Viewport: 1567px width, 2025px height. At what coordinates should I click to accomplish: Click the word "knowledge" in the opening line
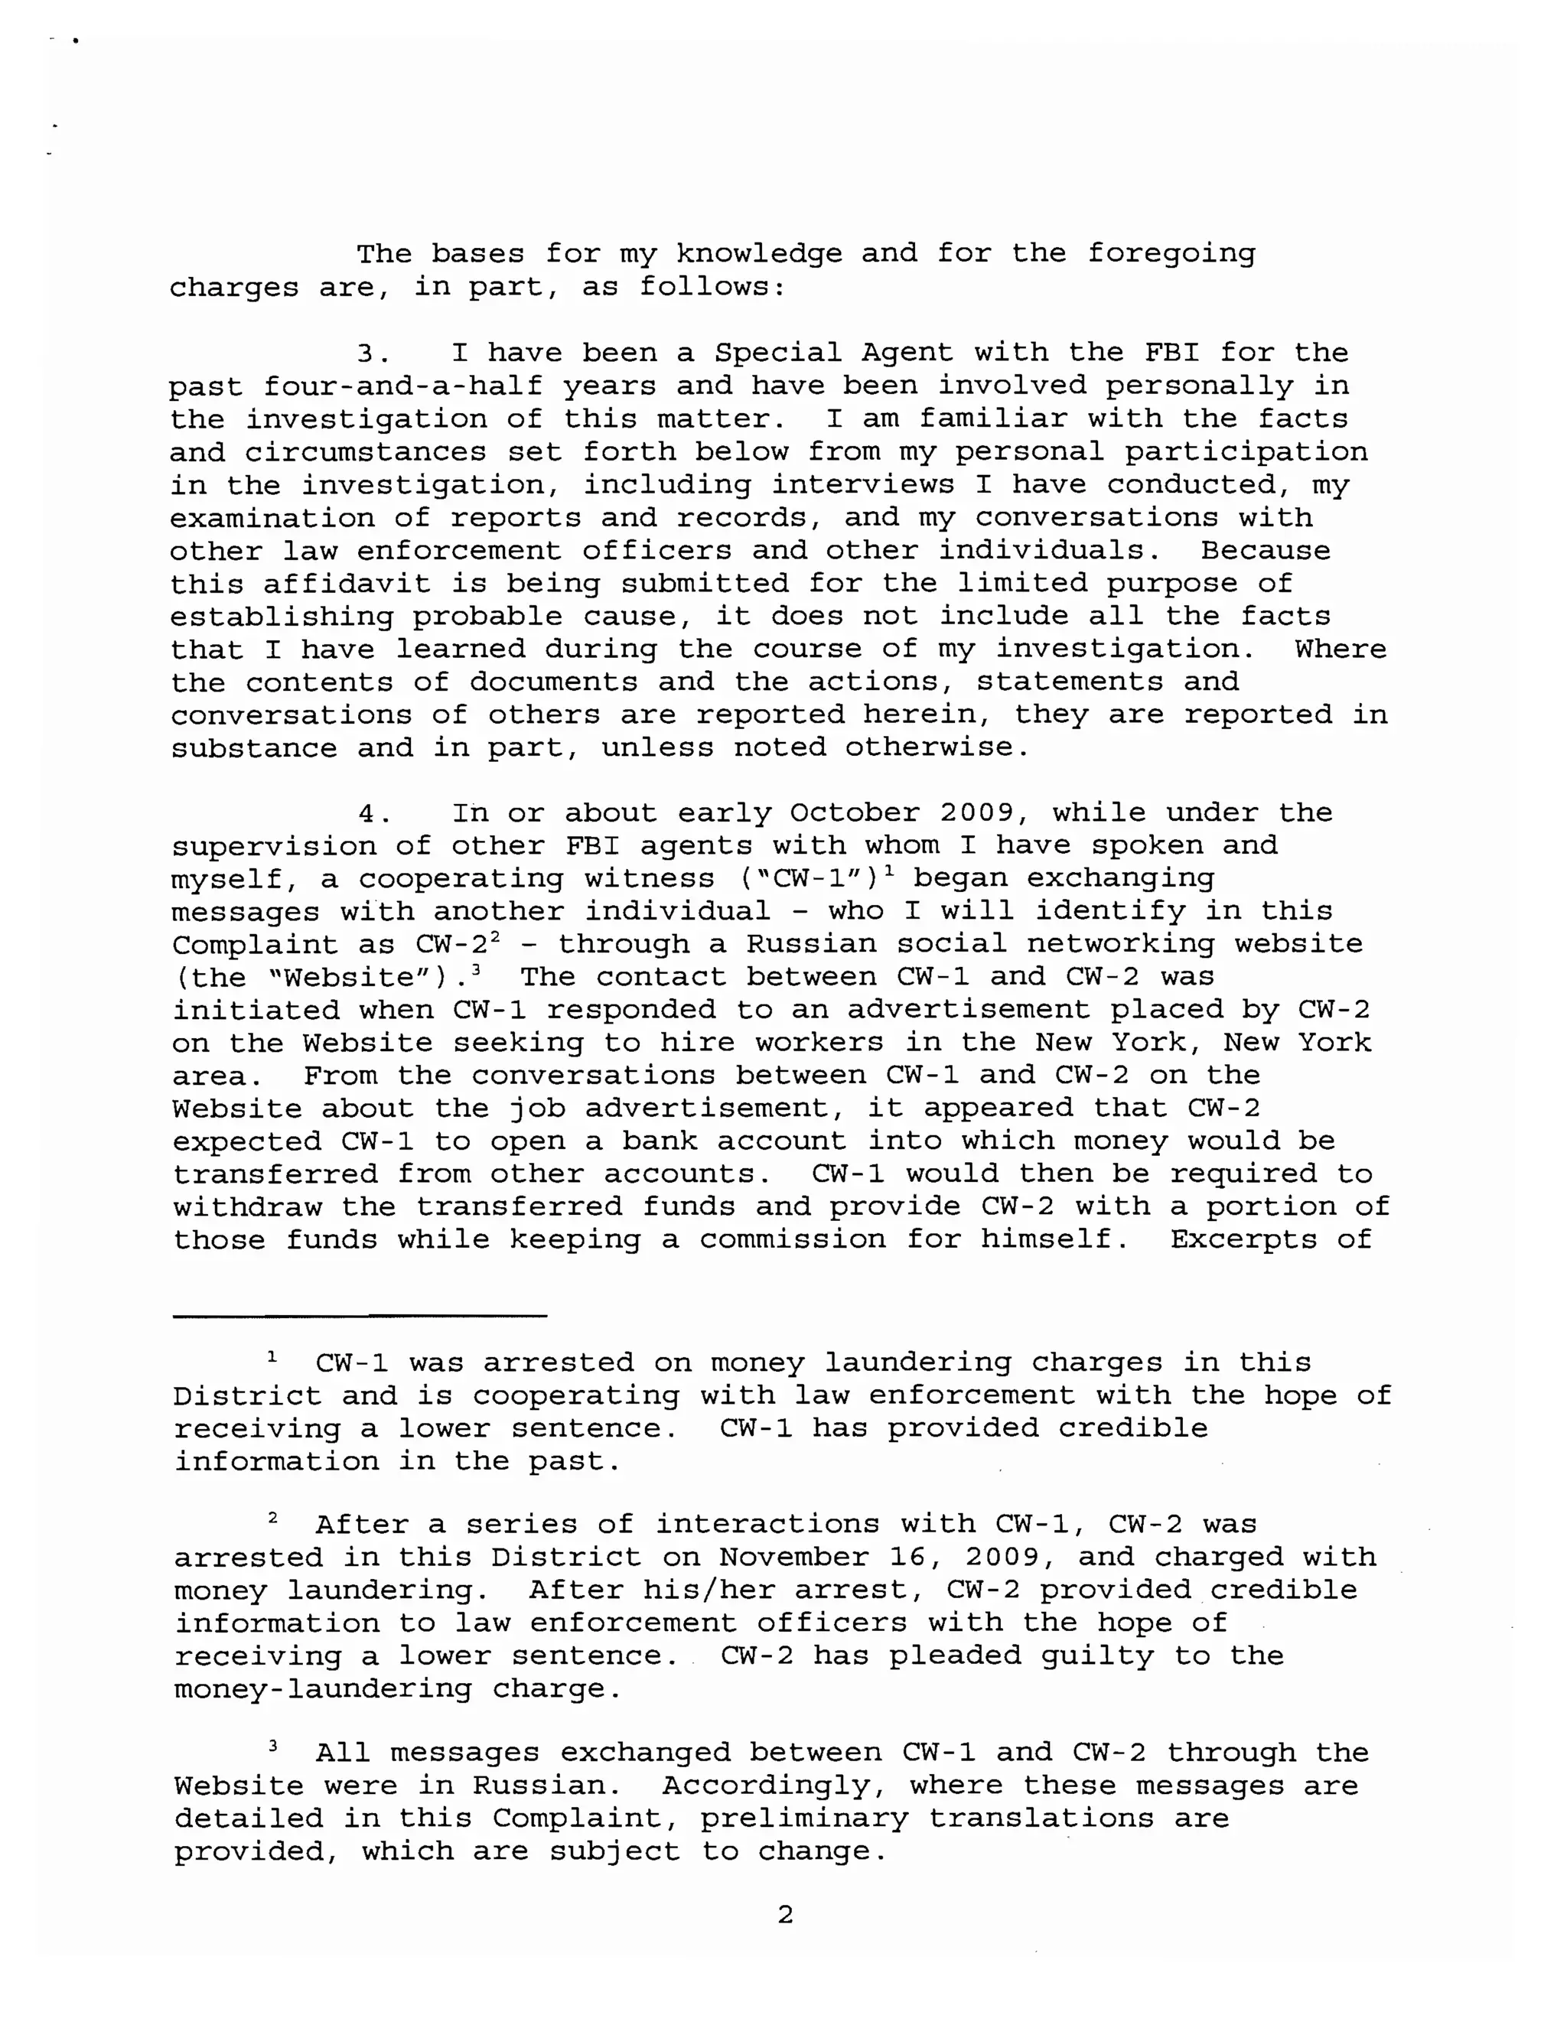(758, 254)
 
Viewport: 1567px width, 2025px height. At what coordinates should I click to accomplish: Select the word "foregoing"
(1171, 254)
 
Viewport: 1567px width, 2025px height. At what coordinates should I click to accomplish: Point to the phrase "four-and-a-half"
(402, 386)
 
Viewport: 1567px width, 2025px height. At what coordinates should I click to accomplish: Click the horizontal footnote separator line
(360, 1315)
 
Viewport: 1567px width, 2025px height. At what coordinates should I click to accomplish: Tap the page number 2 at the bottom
(784, 1915)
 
